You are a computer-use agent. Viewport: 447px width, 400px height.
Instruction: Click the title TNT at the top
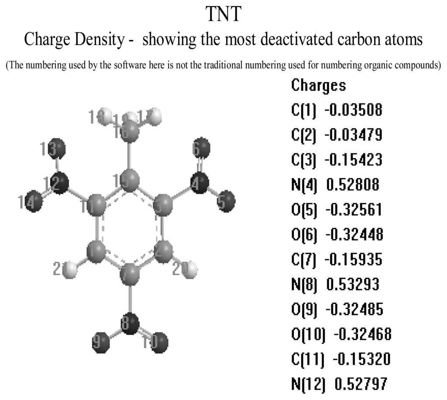click(223, 14)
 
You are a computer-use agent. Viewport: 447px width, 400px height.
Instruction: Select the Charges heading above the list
click(318, 85)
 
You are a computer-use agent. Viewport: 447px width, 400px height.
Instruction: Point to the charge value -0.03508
click(353, 110)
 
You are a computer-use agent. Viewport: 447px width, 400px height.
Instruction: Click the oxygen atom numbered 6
click(202, 148)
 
